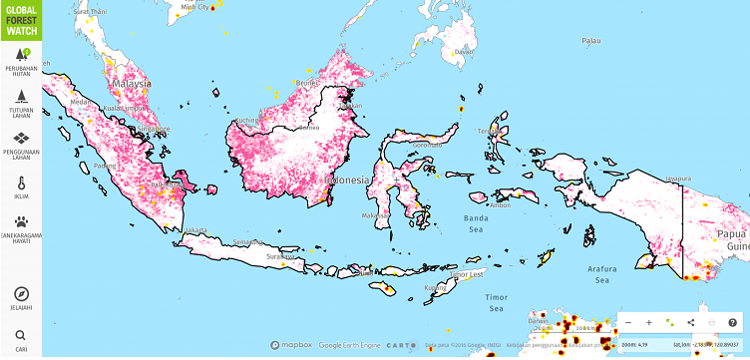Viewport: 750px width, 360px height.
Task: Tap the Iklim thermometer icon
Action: [21, 184]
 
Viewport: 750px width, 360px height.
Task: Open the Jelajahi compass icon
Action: [21, 294]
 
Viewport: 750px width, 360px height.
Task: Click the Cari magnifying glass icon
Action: [21, 336]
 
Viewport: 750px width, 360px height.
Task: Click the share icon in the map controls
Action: [690, 323]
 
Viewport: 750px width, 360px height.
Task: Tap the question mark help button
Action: [732, 323]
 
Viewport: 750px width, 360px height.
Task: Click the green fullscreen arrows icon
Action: [669, 322]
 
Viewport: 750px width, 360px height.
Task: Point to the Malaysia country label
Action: [132, 85]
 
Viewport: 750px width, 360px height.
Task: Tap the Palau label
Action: [592, 41]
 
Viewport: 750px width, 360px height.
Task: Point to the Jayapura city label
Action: [678, 179]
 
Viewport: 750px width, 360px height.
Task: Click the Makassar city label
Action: [375, 215]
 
